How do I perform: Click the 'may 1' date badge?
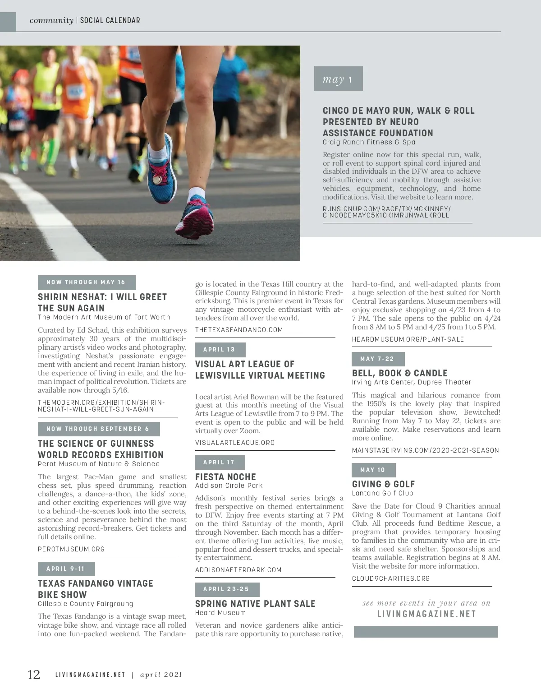[338, 79]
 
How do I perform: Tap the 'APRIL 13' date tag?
[220, 350]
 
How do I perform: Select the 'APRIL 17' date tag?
[220, 463]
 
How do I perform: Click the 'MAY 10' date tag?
[373, 470]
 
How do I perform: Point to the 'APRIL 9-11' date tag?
[66, 569]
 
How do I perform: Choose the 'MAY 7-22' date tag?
[378, 359]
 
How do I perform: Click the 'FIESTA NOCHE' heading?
[225, 477]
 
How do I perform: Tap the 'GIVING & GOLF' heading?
[383, 484]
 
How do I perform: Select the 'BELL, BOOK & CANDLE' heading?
[399, 373]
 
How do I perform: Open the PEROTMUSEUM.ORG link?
[71, 549]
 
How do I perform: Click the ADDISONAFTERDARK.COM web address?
[238, 570]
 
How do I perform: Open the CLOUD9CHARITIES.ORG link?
[391, 578]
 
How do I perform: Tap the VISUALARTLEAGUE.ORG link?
[235, 443]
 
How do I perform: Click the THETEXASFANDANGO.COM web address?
[239, 330]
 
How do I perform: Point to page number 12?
[34, 675]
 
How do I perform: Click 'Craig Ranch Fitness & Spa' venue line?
[369, 142]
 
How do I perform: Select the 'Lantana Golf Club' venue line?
[382, 493]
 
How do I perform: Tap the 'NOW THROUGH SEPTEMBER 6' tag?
[98, 429]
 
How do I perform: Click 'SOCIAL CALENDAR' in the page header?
[110, 20]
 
